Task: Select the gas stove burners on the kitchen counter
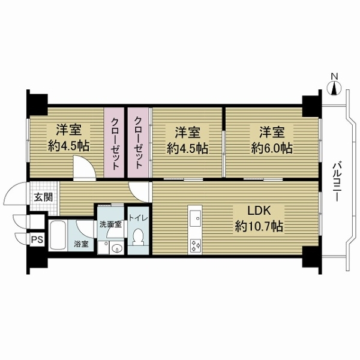pos(195,245)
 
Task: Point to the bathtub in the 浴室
pos(58,235)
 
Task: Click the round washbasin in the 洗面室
pos(117,248)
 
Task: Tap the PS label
pos(37,240)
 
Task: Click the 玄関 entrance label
pos(43,197)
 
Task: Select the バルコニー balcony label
pos(337,182)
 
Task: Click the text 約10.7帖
pos(259,226)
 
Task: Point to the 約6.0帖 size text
pos(272,148)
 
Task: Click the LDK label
pos(259,211)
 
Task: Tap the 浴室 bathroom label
pos(81,244)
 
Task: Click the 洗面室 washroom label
pos(110,224)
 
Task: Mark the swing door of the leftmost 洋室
pos(84,168)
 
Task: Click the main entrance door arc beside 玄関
pos(15,193)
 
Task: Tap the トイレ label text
pos(138,218)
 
